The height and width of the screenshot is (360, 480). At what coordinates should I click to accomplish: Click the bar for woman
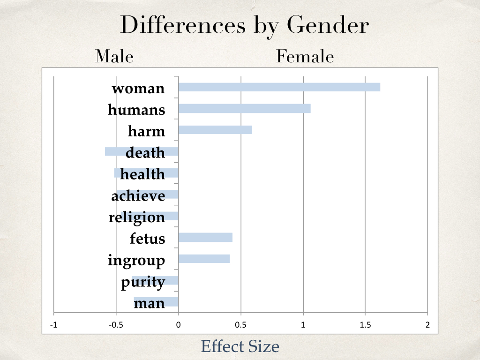pos(279,87)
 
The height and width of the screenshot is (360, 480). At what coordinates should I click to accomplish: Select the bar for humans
pos(244,108)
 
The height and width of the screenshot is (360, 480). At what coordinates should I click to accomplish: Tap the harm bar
pos(215,130)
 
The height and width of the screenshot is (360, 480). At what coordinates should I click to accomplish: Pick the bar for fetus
pos(205,237)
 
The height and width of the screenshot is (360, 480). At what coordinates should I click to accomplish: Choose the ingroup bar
pos(204,259)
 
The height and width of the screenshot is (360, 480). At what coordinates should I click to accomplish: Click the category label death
pos(145,152)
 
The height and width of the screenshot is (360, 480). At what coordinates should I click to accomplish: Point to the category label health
pos(142,174)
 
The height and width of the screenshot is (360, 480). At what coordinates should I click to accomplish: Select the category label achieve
pos(138,195)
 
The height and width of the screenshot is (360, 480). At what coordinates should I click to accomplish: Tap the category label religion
pos(137,217)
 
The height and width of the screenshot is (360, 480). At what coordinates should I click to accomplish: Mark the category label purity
pos(143,282)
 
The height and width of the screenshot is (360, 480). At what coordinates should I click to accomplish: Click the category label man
pos(150,303)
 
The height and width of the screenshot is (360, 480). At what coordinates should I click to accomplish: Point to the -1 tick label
pos(53,325)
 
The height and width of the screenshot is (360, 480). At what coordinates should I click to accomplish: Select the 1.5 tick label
pos(365,325)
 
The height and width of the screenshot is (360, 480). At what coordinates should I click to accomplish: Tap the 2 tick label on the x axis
pos(427,325)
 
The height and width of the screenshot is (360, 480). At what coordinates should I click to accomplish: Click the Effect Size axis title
pos(240,346)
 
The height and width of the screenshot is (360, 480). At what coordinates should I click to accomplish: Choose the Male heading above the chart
pos(114,56)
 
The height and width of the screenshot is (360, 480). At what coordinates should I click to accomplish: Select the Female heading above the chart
pos(305,56)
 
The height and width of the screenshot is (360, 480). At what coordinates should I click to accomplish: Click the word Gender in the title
pos(328,25)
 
